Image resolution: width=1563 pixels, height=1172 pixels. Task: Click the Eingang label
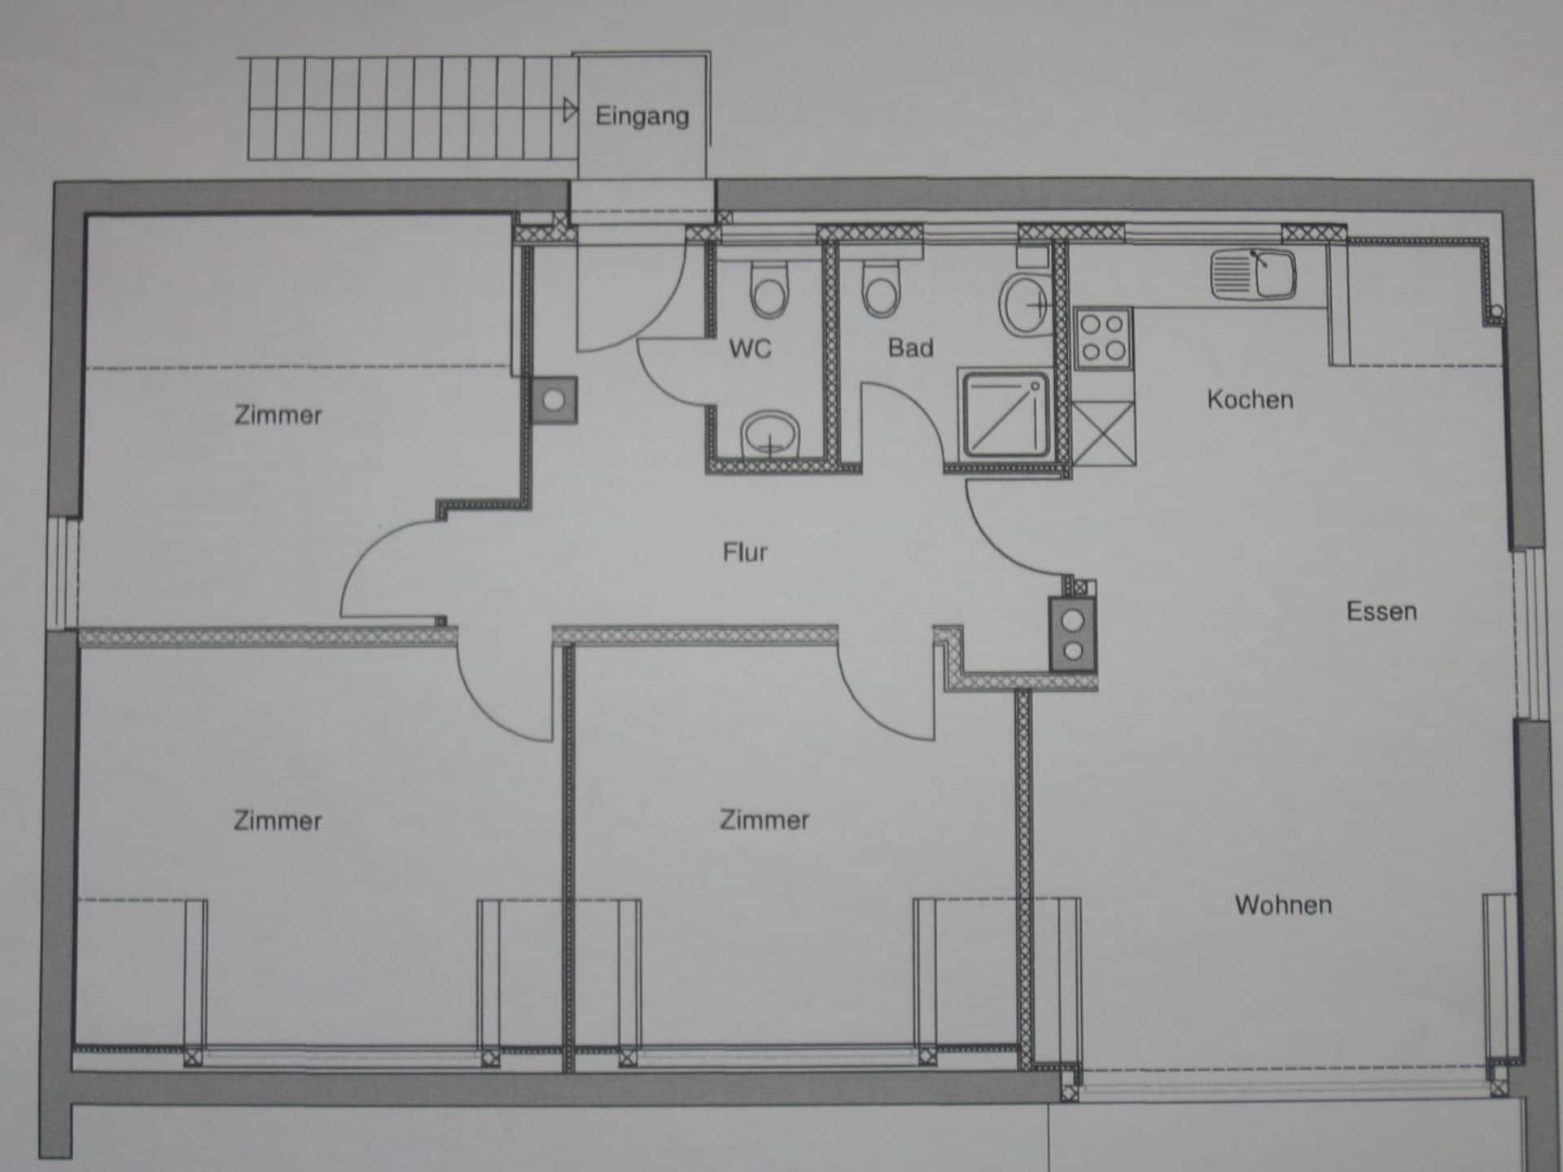[642, 116]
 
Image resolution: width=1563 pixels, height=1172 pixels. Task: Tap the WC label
[750, 348]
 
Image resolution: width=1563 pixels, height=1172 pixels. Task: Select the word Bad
[910, 348]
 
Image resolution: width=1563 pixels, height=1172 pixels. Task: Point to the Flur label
[745, 553]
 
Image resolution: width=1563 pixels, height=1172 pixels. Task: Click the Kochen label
[1250, 400]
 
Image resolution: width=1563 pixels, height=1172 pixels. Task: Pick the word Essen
[1381, 611]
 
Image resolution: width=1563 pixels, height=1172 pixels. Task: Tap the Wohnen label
[1283, 905]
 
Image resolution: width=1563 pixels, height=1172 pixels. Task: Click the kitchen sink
[1253, 273]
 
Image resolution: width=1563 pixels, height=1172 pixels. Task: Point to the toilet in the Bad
[881, 287]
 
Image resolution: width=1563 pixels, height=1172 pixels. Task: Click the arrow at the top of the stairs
[570, 110]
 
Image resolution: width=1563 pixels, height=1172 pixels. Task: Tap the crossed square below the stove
[1104, 434]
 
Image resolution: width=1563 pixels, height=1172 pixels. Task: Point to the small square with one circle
[554, 400]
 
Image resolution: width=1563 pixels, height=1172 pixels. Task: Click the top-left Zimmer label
[278, 415]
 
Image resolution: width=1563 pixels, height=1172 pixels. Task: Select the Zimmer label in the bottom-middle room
[764, 820]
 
